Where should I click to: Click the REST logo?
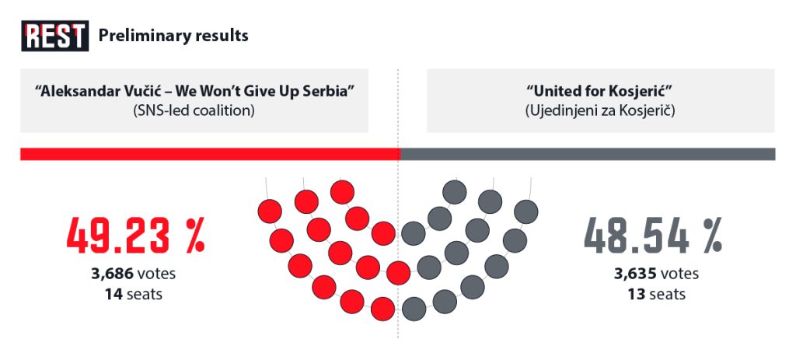click(55, 36)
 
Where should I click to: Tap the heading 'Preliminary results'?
click(173, 36)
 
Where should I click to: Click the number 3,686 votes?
click(134, 274)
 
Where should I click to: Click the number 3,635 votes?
click(656, 274)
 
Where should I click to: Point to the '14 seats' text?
click(134, 293)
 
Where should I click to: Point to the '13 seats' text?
click(657, 293)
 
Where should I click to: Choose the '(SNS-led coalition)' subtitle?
click(194, 110)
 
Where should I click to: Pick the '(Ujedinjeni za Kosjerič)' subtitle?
click(600, 110)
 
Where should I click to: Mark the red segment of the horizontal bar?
click(210, 154)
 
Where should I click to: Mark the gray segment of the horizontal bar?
click(588, 154)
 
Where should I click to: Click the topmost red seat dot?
click(342, 192)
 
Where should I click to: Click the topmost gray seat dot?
click(454, 192)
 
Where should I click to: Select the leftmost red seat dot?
click(270, 211)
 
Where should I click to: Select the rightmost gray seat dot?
click(526, 211)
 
